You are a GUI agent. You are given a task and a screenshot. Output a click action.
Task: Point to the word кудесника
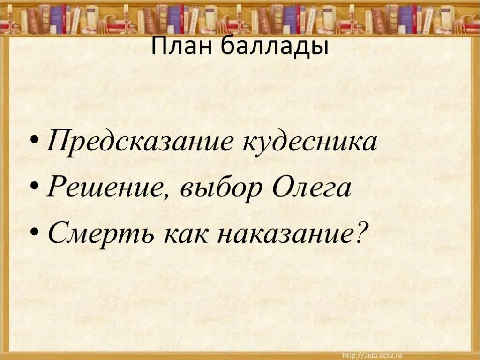(309, 142)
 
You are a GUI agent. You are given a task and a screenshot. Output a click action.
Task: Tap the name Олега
(310, 187)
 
